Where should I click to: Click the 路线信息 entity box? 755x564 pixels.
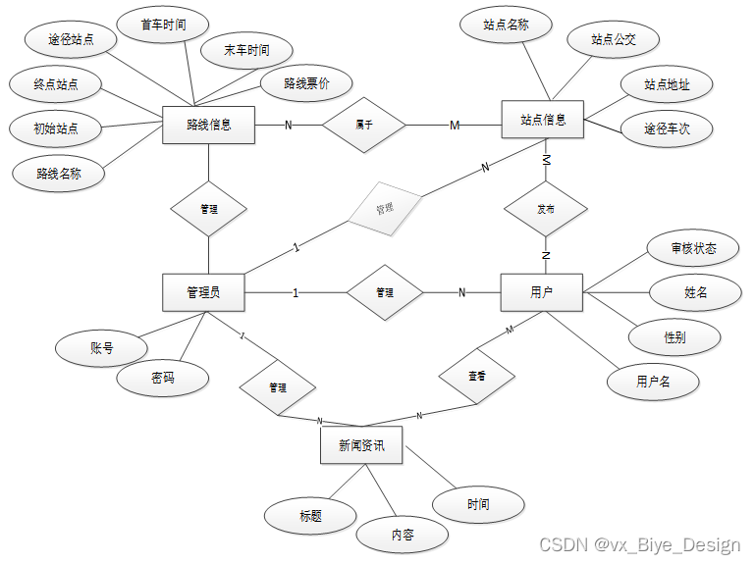click(x=208, y=125)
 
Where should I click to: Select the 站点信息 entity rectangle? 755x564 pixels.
click(x=542, y=120)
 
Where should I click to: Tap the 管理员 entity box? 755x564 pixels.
click(x=203, y=292)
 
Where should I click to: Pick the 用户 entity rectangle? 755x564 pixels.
click(x=542, y=292)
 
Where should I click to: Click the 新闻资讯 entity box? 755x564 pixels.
click(x=361, y=445)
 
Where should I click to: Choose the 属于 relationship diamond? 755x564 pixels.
click(x=364, y=125)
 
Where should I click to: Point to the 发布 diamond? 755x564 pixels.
click(x=546, y=209)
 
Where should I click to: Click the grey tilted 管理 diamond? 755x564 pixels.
click(x=384, y=209)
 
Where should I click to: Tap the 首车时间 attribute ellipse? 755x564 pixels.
click(x=163, y=25)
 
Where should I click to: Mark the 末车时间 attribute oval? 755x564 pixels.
click(x=245, y=50)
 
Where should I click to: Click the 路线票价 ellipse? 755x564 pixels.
click(x=306, y=84)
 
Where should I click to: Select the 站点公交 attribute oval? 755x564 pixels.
click(x=614, y=39)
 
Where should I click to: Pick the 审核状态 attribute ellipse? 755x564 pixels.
click(x=693, y=248)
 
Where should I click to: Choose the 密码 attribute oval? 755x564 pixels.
click(x=163, y=378)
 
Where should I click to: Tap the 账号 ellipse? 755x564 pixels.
click(x=101, y=348)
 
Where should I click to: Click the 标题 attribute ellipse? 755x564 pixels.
click(x=310, y=515)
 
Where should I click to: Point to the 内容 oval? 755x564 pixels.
click(x=403, y=536)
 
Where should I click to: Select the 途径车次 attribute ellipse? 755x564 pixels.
click(x=667, y=128)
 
